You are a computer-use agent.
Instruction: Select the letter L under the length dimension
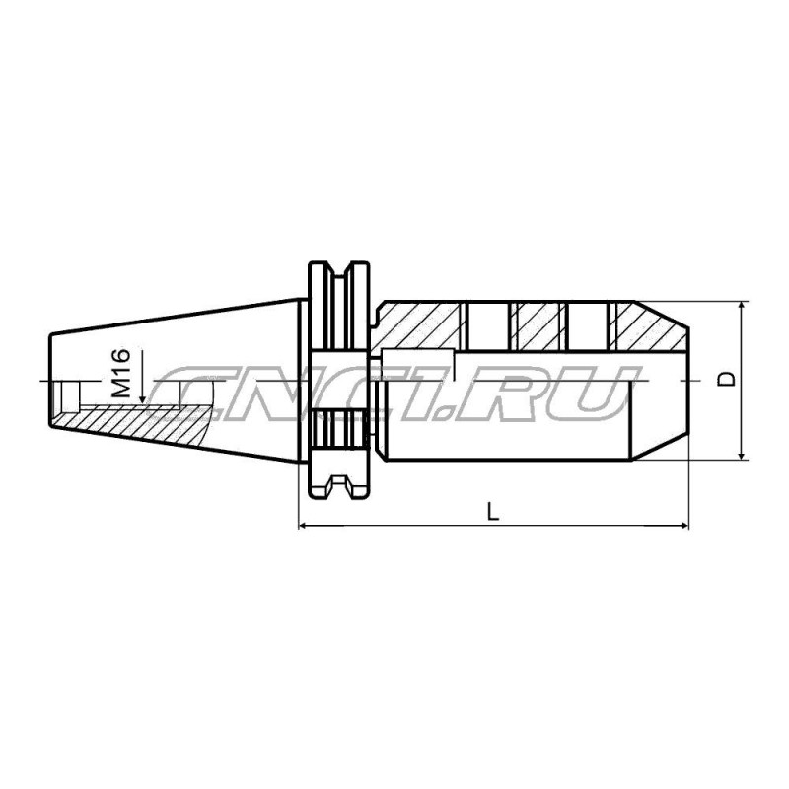tap(493, 510)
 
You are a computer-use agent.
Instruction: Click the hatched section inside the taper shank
tap(148, 418)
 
